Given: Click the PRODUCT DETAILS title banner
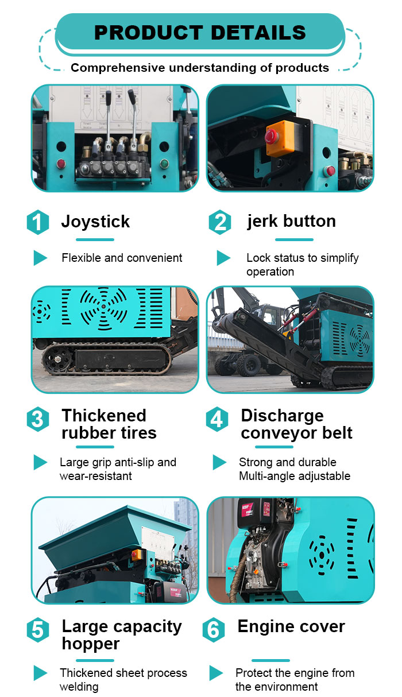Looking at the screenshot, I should tap(200, 33).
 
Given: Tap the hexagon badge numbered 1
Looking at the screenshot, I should tap(38, 223).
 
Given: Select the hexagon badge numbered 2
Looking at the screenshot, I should tap(219, 222).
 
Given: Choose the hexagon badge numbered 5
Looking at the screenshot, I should tap(38, 630).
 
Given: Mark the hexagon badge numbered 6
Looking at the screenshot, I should tap(213, 630).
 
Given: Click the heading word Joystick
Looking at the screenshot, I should tap(95, 222).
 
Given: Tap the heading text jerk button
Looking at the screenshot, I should tap(291, 221).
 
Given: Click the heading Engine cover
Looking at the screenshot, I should tap(291, 626).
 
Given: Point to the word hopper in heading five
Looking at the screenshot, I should tap(91, 644).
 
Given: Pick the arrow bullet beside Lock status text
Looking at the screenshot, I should tap(223, 258).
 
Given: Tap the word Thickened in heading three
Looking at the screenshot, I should tap(104, 415).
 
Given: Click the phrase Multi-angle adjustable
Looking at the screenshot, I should tap(294, 476).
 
